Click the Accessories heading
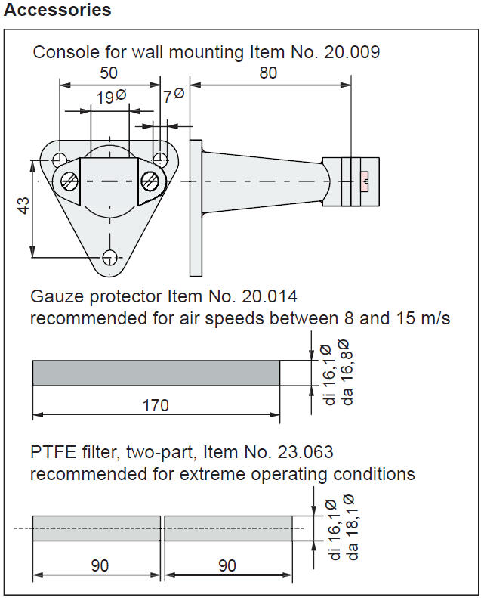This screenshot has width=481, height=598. click(57, 10)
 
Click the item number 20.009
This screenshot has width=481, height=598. click(352, 52)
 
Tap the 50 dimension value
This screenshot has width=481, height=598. click(109, 73)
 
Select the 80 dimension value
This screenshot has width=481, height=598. click(268, 73)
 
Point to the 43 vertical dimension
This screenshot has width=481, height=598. click(23, 206)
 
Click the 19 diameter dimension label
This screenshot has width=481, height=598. click(111, 97)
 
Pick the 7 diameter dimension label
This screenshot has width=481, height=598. click(174, 95)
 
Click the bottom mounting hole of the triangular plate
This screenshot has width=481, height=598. click(110, 258)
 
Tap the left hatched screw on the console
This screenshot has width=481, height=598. click(69, 181)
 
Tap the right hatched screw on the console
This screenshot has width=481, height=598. click(150, 181)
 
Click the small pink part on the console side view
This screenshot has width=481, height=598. click(365, 181)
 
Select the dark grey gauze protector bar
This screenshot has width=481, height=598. click(156, 373)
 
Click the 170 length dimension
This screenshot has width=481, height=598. click(156, 405)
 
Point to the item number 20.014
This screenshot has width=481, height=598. click(270, 296)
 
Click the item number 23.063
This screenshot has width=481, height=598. click(305, 452)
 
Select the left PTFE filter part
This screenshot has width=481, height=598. click(97, 528)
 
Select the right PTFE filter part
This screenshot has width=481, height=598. click(229, 528)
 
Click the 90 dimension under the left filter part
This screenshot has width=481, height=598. click(100, 565)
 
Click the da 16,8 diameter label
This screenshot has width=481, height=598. click(346, 372)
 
